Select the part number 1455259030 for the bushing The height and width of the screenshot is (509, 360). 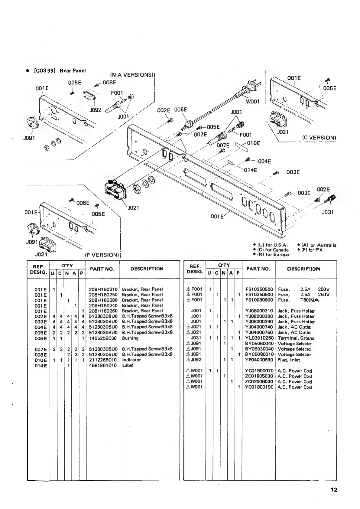coord(103,338)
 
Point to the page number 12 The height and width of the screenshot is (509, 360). coord(334,490)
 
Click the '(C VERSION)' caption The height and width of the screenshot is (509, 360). coord(319,138)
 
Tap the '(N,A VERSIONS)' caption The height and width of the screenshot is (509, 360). coord(131,75)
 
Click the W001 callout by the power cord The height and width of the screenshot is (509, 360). coord(253,101)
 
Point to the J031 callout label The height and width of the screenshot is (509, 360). coord(328,212)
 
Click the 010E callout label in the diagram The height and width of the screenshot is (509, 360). coord(253,143)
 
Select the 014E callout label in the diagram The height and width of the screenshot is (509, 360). coord(251,170)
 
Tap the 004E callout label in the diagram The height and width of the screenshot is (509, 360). coord(264,161)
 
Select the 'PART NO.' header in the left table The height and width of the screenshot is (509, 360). coord(103,269)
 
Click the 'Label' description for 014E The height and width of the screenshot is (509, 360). coord(128,365)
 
